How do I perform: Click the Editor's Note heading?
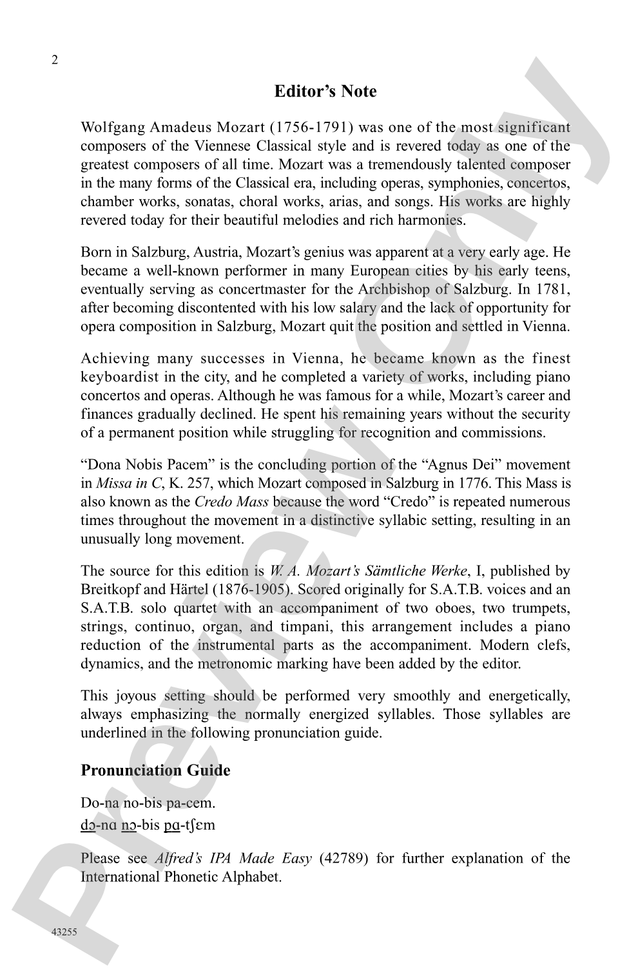point(325,91)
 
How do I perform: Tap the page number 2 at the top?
point(55,61)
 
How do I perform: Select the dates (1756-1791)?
point(310,128)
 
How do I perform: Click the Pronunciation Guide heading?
point(155,770)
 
